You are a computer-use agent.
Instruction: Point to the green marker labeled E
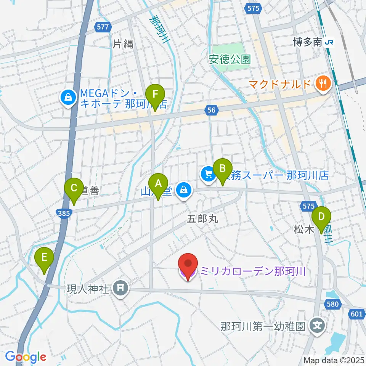point(45,261)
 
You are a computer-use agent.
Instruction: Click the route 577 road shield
point(104,27)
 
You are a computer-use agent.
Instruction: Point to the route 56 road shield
point(212,110)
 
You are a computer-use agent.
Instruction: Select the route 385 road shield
point(64,213)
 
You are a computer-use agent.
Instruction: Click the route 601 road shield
point(356,314)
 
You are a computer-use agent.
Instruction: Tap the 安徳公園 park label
point(230,59)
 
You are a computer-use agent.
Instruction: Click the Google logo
point(26,356)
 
